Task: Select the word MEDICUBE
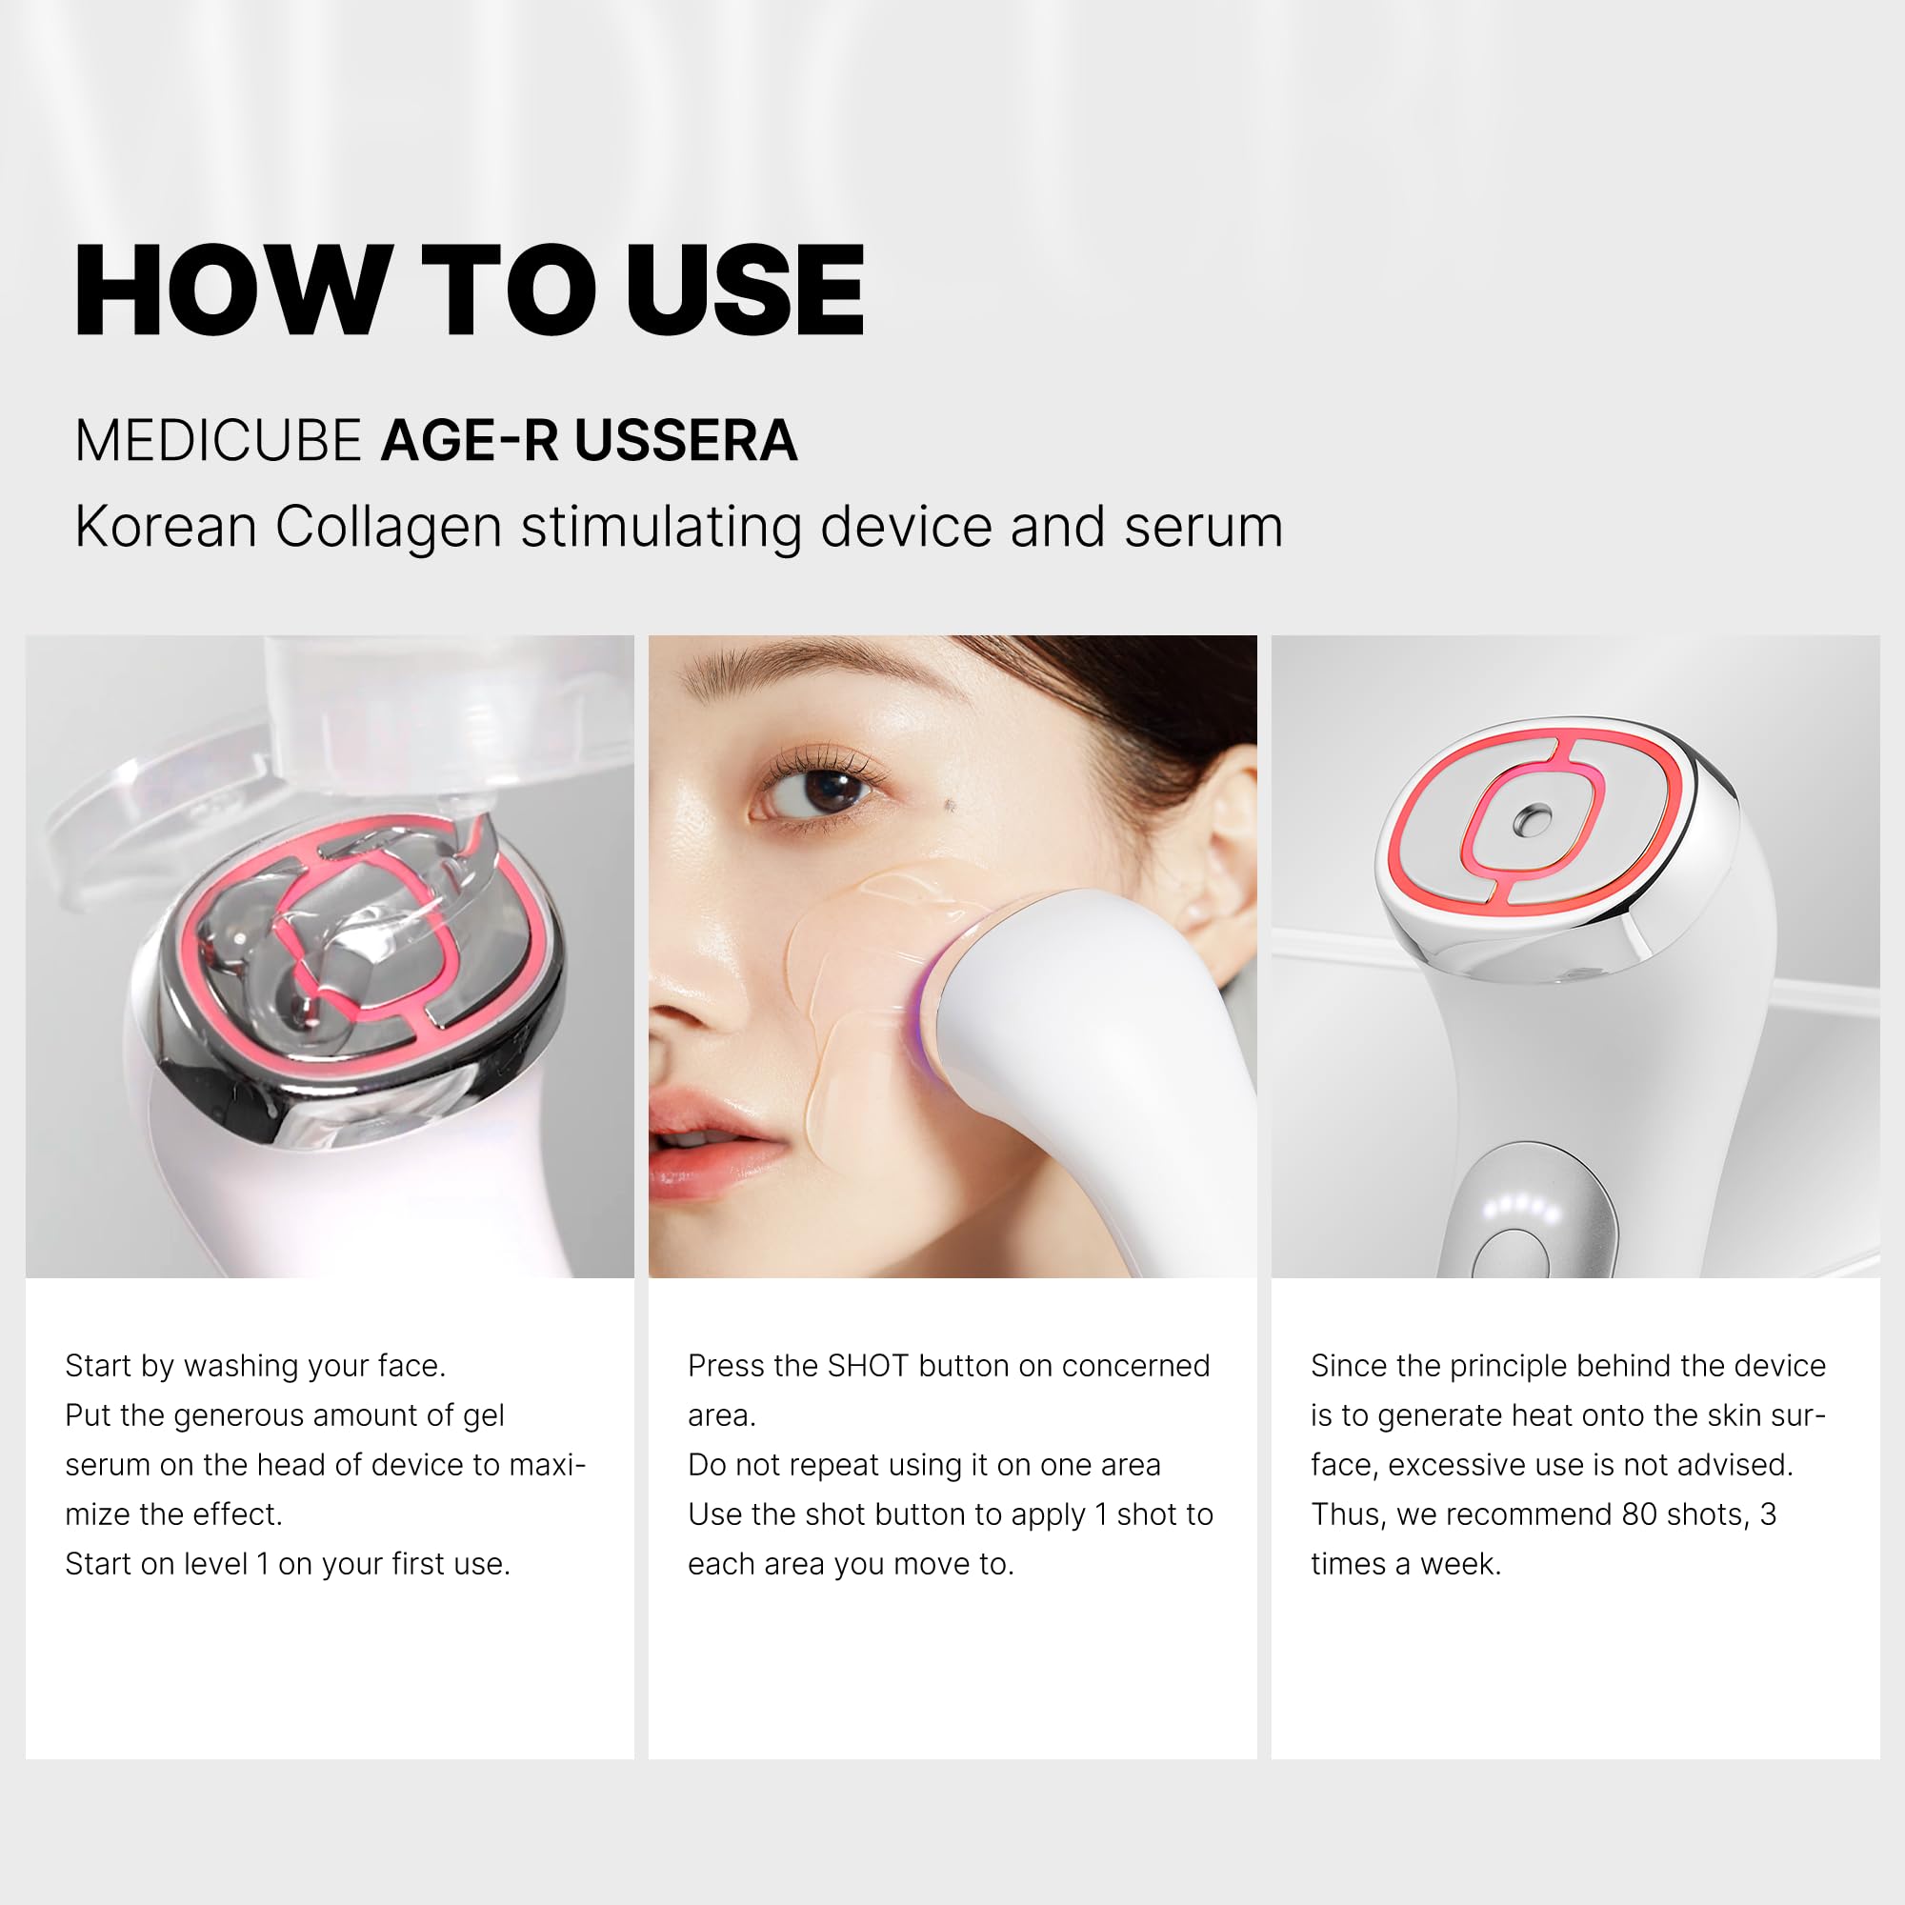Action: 218,440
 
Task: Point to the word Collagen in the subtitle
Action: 389,527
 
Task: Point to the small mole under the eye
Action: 950,806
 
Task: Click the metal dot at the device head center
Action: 1533,818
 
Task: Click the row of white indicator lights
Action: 1521,1205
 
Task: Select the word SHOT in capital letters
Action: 868,1366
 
